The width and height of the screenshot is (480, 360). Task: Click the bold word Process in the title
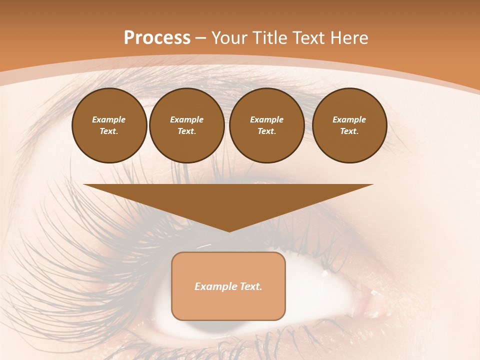[157, 38]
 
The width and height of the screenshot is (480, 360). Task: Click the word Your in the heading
[229, 38]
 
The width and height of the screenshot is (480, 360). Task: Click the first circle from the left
[109, 125]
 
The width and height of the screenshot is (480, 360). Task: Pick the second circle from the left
[186, 125]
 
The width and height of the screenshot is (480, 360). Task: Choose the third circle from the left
[266, 125]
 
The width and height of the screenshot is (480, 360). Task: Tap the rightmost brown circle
[349, 125]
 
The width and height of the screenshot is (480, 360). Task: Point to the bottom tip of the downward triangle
[229, 231]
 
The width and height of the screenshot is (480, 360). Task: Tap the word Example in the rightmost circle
[349, 119]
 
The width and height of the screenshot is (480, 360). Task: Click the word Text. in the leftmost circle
[109, 131]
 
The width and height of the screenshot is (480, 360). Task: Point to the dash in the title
[201, 38]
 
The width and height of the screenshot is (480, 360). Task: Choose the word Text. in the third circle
[266, 131]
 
